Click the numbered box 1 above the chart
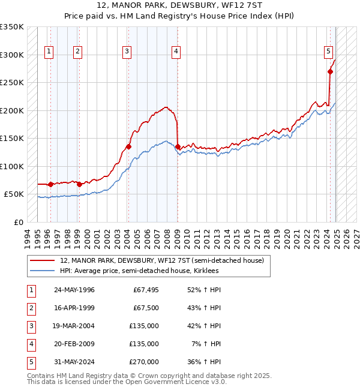pyautogui.click(x=48, y=52)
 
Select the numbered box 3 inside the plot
pyautogui.click(x=127, y=52)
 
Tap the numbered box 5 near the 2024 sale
pyautogui.click(x=329, y=52)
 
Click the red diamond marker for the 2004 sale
pyautogui.click(x=128, y=146)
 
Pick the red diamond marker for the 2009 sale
pyautogui.click(x=178, y=146)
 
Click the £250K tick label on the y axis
pyautogui.click(x=11, y=83)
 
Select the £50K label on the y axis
pyautogui.click(x=14, y=194)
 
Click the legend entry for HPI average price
pyautogui.click(x=139, y=271)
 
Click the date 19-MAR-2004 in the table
pyautogui.click(x=74, y=326)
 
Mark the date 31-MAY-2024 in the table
pyautogui.click(x=74, y=362)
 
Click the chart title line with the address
pyautogui.click(x=179, y=7)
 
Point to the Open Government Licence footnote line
pyautogui.click(x=127, y=382)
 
